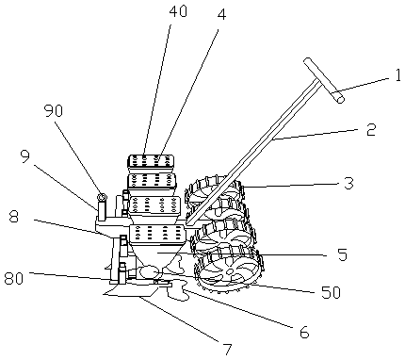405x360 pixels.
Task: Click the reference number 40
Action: pos(178,11)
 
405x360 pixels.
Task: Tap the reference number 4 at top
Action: pos(221,14)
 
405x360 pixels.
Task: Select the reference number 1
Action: pos(398,75)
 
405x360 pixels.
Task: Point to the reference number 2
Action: pos(371,129)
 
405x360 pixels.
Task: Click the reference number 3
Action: pos(348,184)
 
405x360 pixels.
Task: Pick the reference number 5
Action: pos(342,254)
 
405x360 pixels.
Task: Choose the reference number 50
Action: pos(331,292)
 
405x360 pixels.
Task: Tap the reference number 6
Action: pos(304,332)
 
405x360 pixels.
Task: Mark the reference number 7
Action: pos(227,350)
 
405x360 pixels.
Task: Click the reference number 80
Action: pos(14,278)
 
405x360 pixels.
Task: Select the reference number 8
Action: pos(13,217)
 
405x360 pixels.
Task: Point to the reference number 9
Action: pos(25,157)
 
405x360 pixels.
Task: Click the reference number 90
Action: pos(54,110)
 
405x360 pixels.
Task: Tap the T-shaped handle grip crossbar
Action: pos(324,80)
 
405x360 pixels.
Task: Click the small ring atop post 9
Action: pos(102,197)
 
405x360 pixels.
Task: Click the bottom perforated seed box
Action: pos(157,235)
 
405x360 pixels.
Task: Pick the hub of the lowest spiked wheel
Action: pos(230,271)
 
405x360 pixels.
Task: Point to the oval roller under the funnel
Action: pos(150,271)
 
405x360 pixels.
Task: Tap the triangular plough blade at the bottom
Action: pos(132,290)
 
